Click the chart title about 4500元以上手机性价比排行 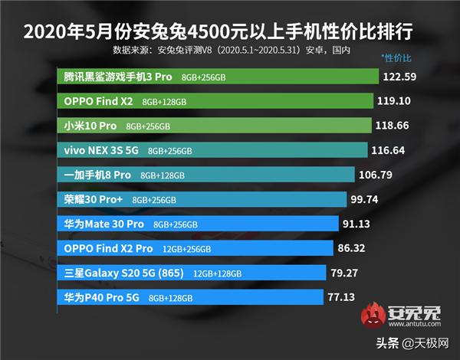[230, 32]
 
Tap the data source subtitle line [231, 51]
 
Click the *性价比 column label [396, 59]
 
